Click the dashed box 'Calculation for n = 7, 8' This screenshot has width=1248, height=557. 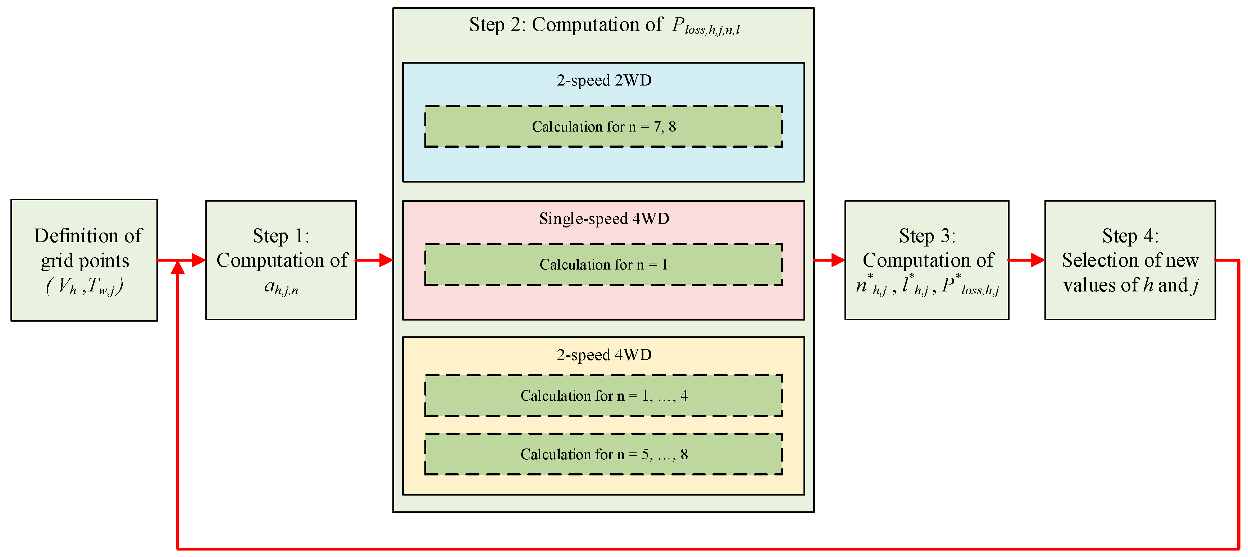tap(603, 126)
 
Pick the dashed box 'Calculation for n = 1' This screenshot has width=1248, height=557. tap(603, 264)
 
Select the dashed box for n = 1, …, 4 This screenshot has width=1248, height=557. tap(603, 395)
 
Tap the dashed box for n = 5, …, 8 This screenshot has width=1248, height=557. tap(603, 454)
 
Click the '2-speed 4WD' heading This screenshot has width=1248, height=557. tap(603, 355)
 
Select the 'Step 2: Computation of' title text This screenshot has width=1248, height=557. tap(565, 25)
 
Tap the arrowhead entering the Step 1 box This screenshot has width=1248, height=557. tap(199, 260)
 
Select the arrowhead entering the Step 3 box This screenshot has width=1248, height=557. tap(838, 260)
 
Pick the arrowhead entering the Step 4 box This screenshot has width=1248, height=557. tap(1037, 260)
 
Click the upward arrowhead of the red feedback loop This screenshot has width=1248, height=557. tap(178, 267)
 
